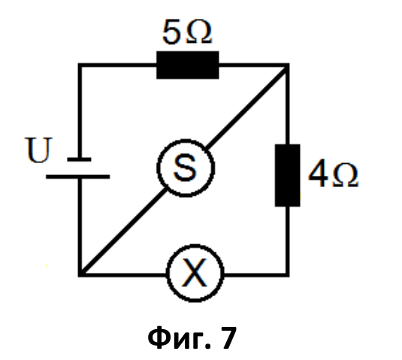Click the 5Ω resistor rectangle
point(188,65)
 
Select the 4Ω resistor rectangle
point(287,175)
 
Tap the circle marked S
point(186,168)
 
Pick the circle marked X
point(195,274)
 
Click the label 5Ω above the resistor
point(187,32)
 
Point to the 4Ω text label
point(333,174)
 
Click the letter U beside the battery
point(38,150)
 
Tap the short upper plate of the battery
point(79,159)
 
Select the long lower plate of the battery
point(78,177)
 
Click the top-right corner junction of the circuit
point(287,65)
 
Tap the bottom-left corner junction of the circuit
point(80,274)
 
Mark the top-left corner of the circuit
point(80,65)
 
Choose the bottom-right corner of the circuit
point(288,275)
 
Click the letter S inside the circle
point(186,168)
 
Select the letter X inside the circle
point(195,272)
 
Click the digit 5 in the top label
point(171,32)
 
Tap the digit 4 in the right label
point(318,174)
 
